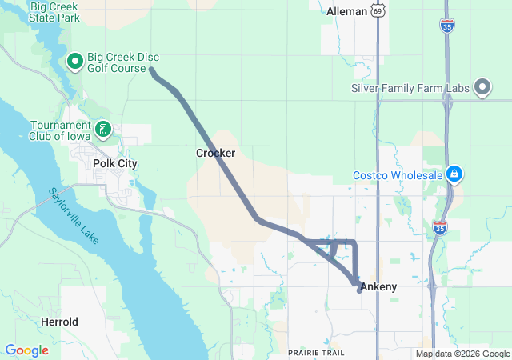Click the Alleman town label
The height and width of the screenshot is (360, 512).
pos(346,11)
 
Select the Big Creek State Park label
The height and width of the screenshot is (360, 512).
pos(54,11)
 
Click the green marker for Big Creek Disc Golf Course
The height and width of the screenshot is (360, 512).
pos(75,61)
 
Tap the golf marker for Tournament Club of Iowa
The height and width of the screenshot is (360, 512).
pos(102,129)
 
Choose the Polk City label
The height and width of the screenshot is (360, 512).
pos(115,163)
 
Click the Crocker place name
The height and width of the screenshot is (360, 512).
pos(215,152)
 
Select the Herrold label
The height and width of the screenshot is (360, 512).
pos(60,322)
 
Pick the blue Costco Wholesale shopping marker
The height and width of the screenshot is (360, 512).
pos(454,173)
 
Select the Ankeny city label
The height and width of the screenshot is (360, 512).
pos(378,286)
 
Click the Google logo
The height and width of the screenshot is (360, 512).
pos(26,350)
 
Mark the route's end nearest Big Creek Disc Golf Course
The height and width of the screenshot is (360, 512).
pos(152,72)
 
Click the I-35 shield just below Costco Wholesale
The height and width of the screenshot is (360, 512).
pos(438,228)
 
